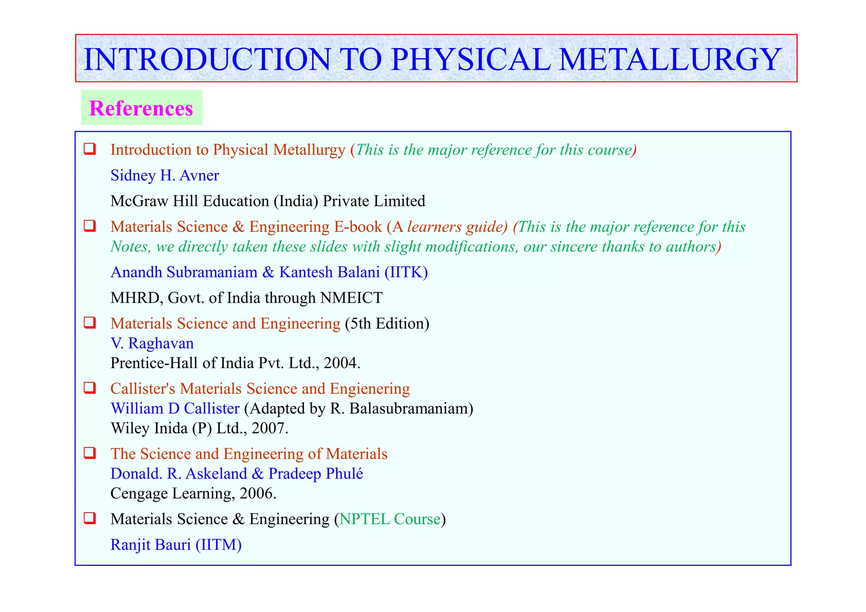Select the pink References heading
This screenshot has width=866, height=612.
click(x=141, y=108)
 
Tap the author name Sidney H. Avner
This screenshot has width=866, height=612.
click(x=164, y=175)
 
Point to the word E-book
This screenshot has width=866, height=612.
click(x=358, y=227)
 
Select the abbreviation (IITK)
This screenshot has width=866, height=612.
click(x=406, y=272)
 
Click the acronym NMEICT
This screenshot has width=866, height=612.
click(x=351, y=298)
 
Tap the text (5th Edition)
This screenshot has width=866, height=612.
click(x=387, y=324)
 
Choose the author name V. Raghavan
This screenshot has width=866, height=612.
click(x=152, y=343)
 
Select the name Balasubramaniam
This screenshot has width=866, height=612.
click(x=401, y=409)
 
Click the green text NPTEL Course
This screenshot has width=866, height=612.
click(x=390, y=519)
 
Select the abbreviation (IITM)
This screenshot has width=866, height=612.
click(x=218, y=545)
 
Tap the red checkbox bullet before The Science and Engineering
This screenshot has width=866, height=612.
click(x=89, y=453)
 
